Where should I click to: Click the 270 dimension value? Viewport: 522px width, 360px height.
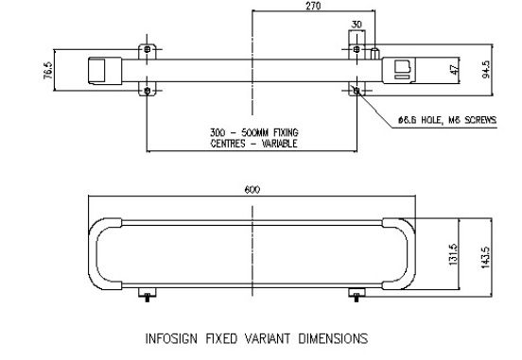[x=313, y=6]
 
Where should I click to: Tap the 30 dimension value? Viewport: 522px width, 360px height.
[x=357, y=25]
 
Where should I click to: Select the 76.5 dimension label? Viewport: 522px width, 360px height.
[x=48, y=70]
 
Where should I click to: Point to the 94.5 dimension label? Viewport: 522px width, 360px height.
[x=486, y=69]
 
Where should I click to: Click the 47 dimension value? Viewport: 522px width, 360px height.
[x=454, y=70]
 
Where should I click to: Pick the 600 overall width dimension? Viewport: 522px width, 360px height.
[x=252, y=190]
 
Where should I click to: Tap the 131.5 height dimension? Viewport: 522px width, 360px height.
[x=453, y=254]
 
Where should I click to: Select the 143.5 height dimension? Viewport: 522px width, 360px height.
[x=485, y=257]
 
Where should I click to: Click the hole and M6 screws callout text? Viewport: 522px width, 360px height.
[x=447, y=120]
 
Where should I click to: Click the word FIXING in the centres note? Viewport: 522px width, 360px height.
[x=286, y=132]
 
